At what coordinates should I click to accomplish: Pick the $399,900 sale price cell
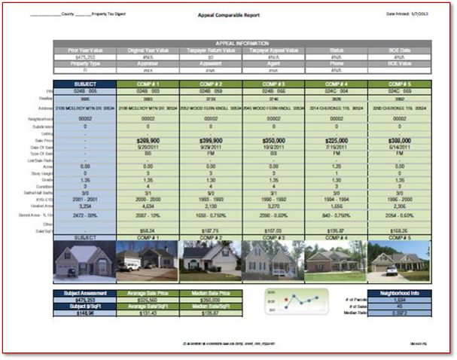click(x=210, y=140)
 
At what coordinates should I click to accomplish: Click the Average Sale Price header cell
click(x=146, y=292)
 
